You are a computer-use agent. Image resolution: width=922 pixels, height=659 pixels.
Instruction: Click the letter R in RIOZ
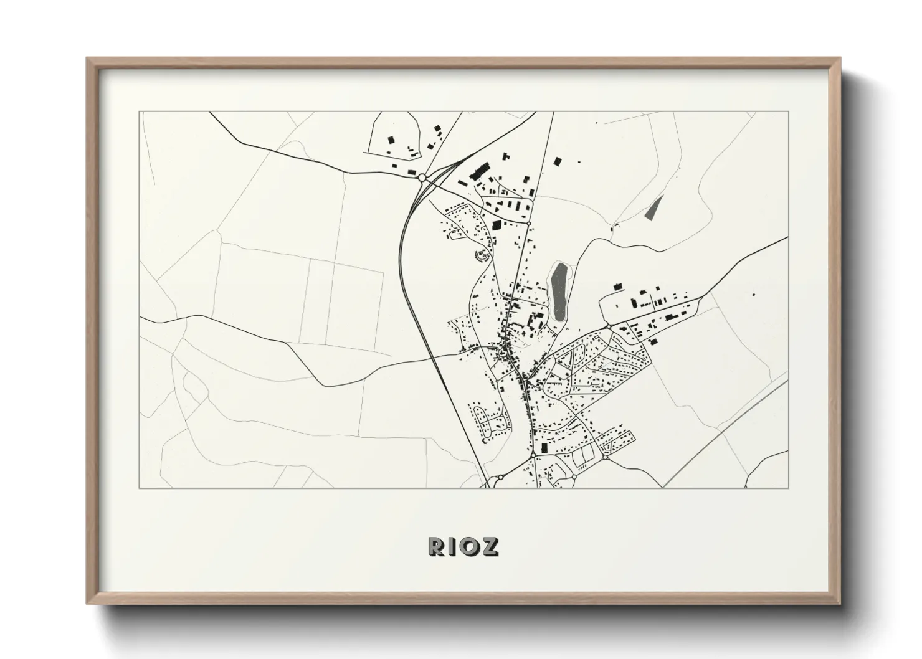pyautogui.click(x=435, y=546)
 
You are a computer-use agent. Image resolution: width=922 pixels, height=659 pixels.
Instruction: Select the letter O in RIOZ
pyautogui.click(x=471, y=546)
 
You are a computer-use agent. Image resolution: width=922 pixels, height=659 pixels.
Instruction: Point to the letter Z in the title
pyautogui.click(x=490, y=546)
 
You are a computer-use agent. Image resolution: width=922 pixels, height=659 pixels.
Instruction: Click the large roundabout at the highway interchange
pyautogui.click(x=422, y=178)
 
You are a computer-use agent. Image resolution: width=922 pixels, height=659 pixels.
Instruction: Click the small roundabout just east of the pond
pyautogui.click(x=607, y=325)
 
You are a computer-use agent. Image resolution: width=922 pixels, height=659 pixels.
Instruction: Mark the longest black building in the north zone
pyautogui.click(x=479, y=170)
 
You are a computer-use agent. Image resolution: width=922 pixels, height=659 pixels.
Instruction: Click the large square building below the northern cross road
pyautogui.click(x=497, y=225)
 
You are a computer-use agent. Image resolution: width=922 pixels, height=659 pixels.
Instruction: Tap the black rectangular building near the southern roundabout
pyautogui.click(x=543, y=447)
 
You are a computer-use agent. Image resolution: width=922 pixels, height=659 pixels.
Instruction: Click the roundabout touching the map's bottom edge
pyautogui.click(x=500, y=477)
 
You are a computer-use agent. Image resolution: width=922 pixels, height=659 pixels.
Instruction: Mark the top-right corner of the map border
pyautogui.click(x=788, y=112)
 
